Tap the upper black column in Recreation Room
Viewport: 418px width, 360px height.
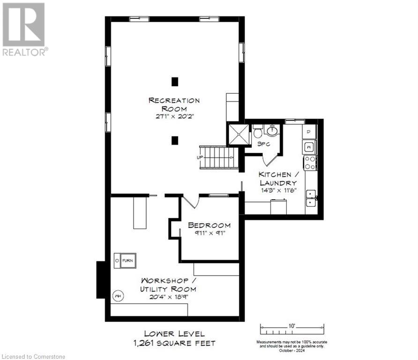(175, 82)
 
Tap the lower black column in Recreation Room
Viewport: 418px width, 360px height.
(175, 140)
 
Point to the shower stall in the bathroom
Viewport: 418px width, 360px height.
(239, 134)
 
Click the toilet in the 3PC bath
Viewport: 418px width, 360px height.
(258, 133)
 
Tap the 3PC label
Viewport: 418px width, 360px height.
(263, 144)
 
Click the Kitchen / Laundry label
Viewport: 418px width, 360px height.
(277, 178)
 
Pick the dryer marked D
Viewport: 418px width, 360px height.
(309, 132)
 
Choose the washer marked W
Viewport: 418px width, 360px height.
(309, 147)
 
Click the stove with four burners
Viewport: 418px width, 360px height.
(310, 163)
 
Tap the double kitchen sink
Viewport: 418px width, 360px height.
(311, 198)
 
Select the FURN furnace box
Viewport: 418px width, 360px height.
(125, 260)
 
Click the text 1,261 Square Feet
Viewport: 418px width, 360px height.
(174, 343)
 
